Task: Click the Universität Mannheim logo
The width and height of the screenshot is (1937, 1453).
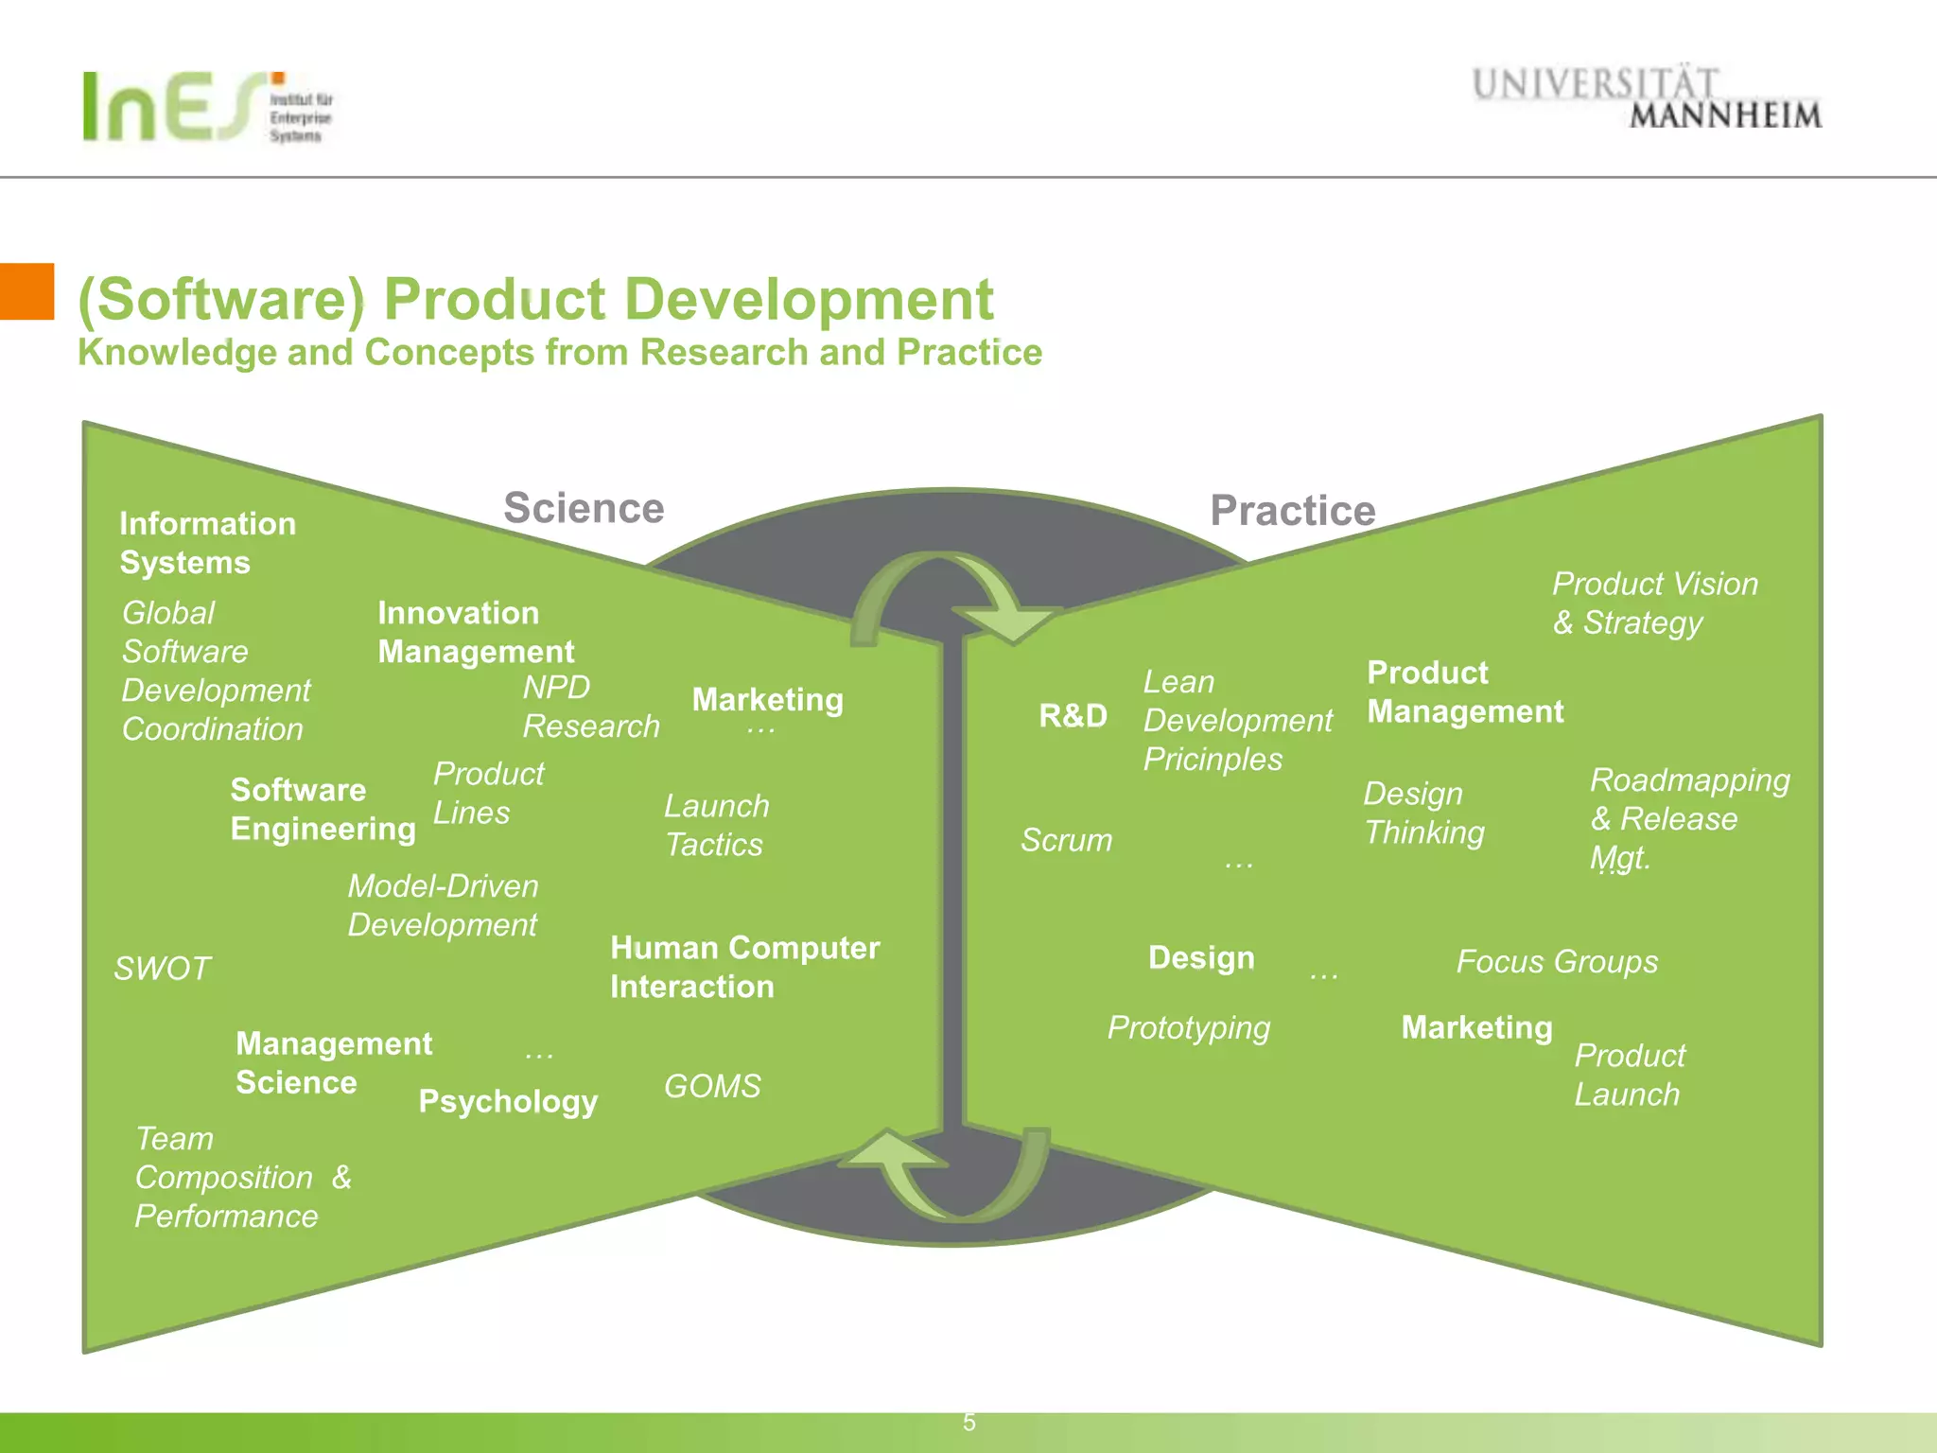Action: (x=1646, y=98)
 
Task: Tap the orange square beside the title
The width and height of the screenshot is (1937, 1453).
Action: (x=26, y=291)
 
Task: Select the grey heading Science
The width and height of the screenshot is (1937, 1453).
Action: (x=584, y=508)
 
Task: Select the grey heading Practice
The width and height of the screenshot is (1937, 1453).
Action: (x=1292, y=511)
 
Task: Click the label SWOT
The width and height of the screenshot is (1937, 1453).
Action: (x=162, y=969)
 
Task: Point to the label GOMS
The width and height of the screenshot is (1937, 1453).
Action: (x=712, y=1086)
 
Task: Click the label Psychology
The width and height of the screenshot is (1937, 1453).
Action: (x=508, y=1101)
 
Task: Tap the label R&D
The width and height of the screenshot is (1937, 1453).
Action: (x=1073, y=716)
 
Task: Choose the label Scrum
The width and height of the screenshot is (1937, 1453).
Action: (x=1066, y=840)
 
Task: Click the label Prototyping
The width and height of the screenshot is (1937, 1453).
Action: (x=1189, y=1027)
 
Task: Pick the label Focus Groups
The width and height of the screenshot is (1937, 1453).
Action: (x=1557, y=962)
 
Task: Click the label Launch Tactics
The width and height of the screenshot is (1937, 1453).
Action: (x=716, y=825)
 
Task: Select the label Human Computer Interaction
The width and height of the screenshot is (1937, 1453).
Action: (x=744, y=967)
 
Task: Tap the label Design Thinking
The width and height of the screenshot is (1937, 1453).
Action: (x=1423, y=813)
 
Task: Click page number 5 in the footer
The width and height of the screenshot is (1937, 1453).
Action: (x=968, y=1423)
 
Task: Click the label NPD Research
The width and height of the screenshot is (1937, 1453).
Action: (x=590, y=707)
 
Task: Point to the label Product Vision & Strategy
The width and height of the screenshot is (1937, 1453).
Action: (x=1654, y=604)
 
